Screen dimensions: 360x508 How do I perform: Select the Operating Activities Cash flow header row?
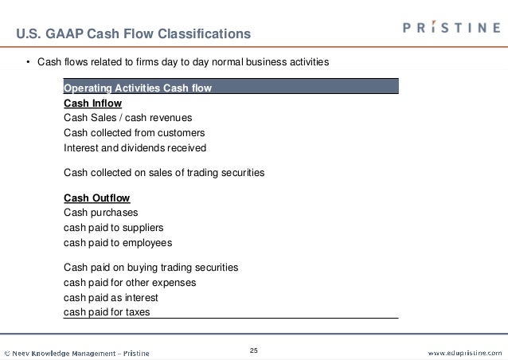(x=230, y=88)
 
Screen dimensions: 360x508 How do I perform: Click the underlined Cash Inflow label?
(x=92, y=103)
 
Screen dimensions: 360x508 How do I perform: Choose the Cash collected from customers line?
(x=134, y=133)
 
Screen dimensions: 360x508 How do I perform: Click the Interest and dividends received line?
(x=135, y=148)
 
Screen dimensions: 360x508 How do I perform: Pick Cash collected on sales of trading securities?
(x=163, y=172)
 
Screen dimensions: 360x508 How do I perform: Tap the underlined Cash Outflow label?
(x=96, y=198)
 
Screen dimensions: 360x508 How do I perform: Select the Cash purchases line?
(x=100, y=213)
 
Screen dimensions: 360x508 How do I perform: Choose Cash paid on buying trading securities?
(x=150, y=268)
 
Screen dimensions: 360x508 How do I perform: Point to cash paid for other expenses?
(x=129, y=283)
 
